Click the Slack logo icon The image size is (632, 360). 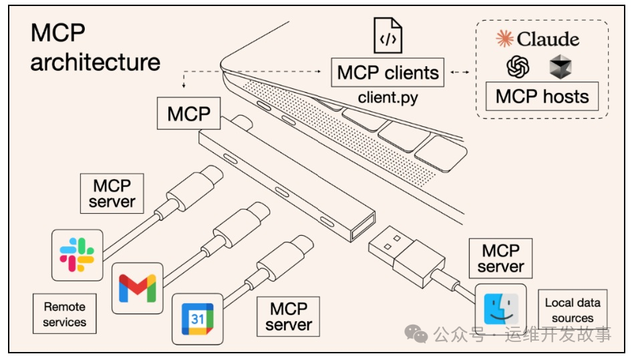(77, 254)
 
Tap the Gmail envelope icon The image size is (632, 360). (137, 288)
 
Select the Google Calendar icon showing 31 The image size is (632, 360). (197, 319)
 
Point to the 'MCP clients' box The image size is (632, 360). (388, 72)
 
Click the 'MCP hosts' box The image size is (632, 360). (542, 96)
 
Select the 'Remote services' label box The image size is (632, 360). (64, 315)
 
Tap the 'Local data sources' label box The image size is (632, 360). (573, 310)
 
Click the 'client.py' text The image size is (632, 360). (388, 98)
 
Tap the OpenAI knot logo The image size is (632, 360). (518, 66)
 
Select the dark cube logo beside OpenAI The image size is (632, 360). (559, 67)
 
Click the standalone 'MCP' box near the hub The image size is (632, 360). (189, 114)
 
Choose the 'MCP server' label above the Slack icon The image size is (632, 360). (112, 193)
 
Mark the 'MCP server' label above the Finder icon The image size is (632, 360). (500, 258)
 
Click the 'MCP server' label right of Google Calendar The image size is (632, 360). (288, 317)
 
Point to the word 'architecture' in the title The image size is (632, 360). (96, 62)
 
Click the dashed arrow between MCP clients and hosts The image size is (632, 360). (458, 72)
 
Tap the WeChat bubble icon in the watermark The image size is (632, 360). (418, 333)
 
